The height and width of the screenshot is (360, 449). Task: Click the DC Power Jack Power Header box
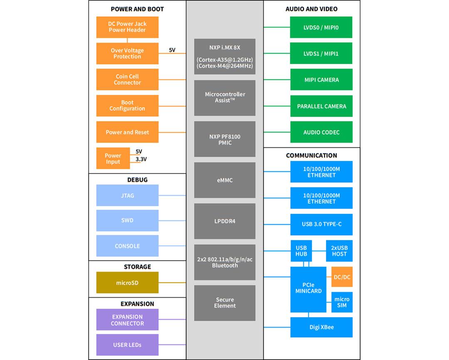pyautogui.click(x=127, y=27)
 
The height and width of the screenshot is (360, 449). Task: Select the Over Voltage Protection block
pyautogui.click(x=127, y=54)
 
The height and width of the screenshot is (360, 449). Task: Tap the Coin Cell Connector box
pyautogui.click(x=127, y=79)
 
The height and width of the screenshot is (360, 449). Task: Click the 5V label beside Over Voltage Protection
pyautogui.click(x=172, y=50)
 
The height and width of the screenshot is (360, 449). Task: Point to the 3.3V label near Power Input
pyautogui.click(x=141, y=159)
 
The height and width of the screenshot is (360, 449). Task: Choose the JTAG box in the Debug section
pyautogui.click(x=127, y=196)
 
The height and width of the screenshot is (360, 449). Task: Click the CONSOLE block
pyautogui.click(x=127, y=246)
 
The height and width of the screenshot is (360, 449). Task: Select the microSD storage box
pyautogui.click(x=127, y=283)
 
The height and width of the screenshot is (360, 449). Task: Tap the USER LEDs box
pyautogui.click(x=127, y=345)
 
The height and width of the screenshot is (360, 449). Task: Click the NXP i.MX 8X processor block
pyautogui.click(x=224, y=57)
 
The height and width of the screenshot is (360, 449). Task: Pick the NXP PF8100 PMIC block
pyautogui.click(x=224, y=139)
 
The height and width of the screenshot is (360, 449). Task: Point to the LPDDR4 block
pyautogui.click(x=224, y=221)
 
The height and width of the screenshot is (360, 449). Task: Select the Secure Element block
pyautogui.click(x=224, y=303)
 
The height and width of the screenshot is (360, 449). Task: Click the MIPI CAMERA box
pyautogui.click(x=321, y=79)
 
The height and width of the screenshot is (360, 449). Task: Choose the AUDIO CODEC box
pyautogui.click(x=321, y=132)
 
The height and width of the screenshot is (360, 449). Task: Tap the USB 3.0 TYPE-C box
pyautogui.click(x=321, y=224)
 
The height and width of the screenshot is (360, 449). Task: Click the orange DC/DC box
pyautogui.click(x=342, y=277)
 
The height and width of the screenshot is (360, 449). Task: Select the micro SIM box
pyautogui.click(x=342, y=302)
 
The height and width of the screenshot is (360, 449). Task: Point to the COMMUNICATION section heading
pyautogui.click(x=311, y=155)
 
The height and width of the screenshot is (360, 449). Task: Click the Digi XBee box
pyautogui.click(x=321, y=327)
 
